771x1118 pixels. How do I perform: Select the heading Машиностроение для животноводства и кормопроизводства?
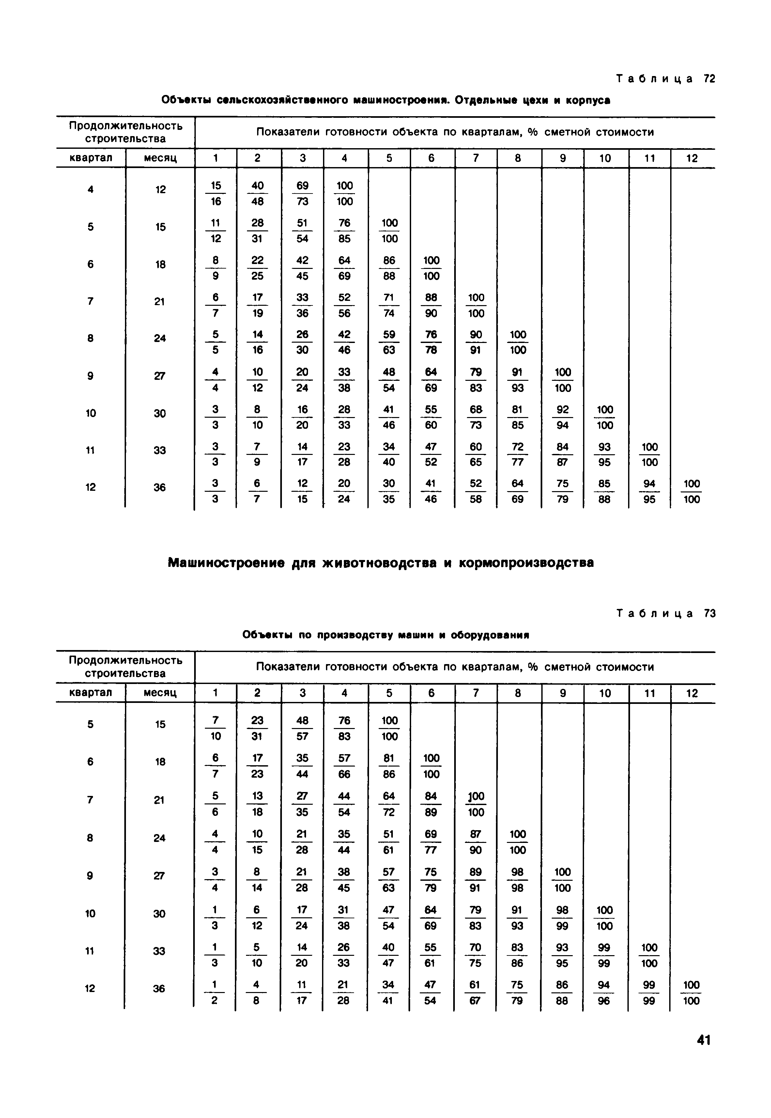point(381,563)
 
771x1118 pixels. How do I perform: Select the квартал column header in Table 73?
point(91,693)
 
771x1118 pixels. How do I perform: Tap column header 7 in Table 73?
point(476,693)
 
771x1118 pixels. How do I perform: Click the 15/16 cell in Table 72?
point(215,193)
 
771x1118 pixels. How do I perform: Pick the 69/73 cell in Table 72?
point(302,193)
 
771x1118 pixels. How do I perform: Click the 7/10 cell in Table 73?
point(215,728)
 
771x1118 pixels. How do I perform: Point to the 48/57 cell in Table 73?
point(302,728)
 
